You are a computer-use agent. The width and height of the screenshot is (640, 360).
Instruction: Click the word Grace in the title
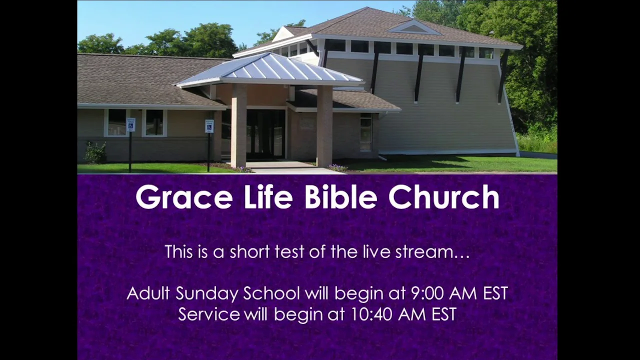pyautogui.click(x=184, y=197)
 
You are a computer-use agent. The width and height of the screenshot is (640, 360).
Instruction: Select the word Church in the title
pyautogui.click(x=444, y=196)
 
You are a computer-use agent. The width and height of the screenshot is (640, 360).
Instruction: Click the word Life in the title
pyautogui.click(x=268, y=196)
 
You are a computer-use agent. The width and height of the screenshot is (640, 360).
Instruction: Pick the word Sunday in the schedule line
pyautogui.click(x=206, y=294)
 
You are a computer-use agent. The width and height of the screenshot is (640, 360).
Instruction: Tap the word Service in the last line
pyautogui.click(x=209, y=314)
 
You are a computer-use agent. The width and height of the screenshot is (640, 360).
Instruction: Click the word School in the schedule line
pyautogui.click(x=271, y=293)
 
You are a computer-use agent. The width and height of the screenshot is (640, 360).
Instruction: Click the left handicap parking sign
pyautogui.click(x=131, y=125)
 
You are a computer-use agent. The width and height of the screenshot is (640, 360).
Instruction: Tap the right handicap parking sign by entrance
pyautogui.click(x=209, y=126)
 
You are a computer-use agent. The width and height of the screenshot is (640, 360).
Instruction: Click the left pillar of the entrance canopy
pyautogui.click(x=238, y=125)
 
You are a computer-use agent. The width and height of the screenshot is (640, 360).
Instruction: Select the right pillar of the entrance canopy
pyautogui.click(x=324, y=126)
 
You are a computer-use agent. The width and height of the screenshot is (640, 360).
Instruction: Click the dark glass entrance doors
pyautogui.click(x=265, y=134)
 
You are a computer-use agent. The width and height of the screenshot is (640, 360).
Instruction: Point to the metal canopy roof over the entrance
pyautogui.click(x=270, y=70)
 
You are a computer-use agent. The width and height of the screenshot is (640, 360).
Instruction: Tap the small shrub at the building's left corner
pyautogui.click(x=95, y=152)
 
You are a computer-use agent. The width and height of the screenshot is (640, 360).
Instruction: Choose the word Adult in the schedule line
pyautogui.click(x=148, y=293)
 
